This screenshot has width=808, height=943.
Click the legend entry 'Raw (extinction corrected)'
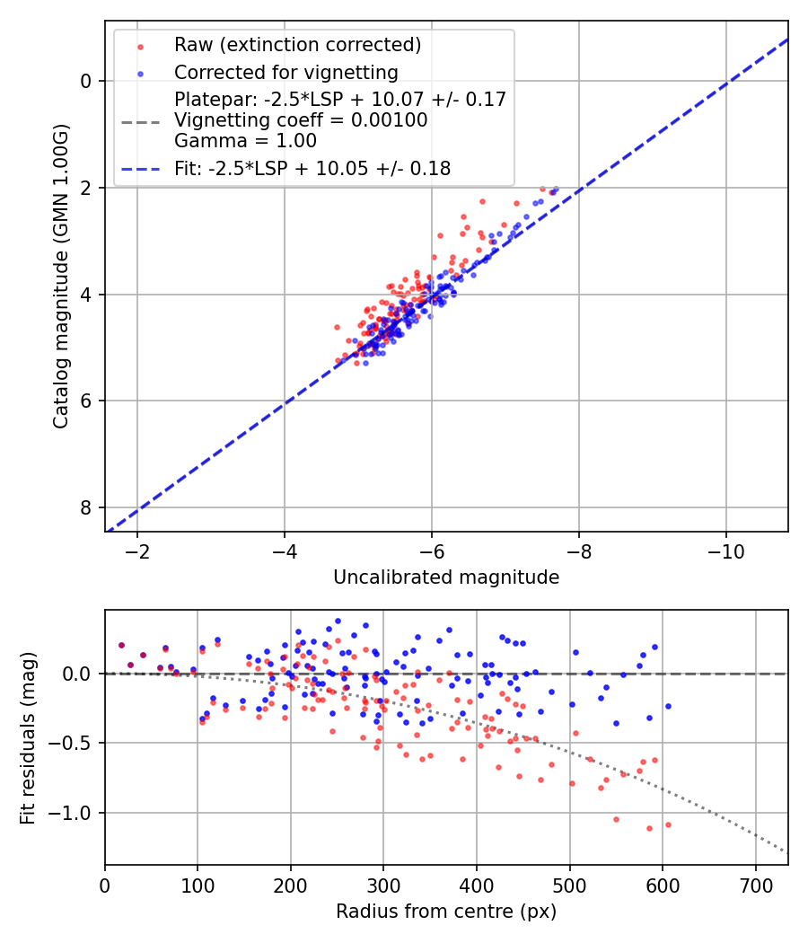pyautogui.click(x=297, y=45)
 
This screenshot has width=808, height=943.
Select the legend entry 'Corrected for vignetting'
pyautogui.click(x=285, y=72)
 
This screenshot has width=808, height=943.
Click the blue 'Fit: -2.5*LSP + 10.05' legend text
pyautogui.click(x=312, y=168)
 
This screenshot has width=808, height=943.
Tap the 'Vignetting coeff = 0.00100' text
pyautogui.click(x=301, y=120)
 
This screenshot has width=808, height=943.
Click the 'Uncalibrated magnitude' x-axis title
pyautogui.click(x=446, y=577)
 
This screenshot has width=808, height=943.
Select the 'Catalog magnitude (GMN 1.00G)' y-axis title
pyautogui.click(x=60, y=276)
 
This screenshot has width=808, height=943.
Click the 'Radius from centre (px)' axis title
pyautogui.click(x=446, y=912)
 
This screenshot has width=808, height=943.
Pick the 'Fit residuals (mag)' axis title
pyautogui.click(x=28, y=737)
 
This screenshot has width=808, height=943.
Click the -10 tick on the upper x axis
pyautogui.click(x=725, y=551)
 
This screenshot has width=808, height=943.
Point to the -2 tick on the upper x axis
pyautogui.click(x=137, y=551)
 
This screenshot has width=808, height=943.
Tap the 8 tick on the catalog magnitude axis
pyautogui.click(x=86, y=507)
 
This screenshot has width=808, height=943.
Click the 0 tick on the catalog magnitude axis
pyautogui.click(x=86, y=81)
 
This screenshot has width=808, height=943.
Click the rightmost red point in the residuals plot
pyautogui.click(x=668, y=824)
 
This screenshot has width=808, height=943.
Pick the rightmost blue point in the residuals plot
pyautogui.click(x=668, y=706)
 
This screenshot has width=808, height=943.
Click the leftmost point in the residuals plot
pyautogui.click(x=121, y=645)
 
